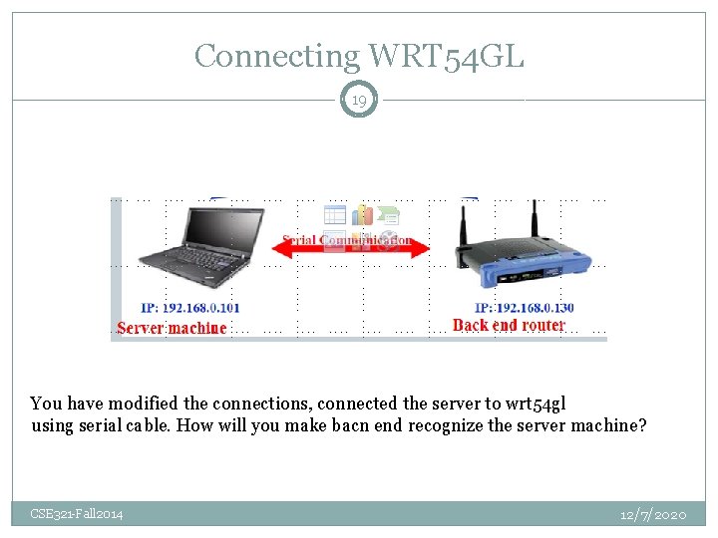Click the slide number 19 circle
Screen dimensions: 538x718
[x=358, y=100]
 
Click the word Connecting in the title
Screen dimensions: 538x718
[x=276, y=56]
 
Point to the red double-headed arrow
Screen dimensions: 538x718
[x=348, y=251]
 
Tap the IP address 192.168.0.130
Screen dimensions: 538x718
[x=524, y=308]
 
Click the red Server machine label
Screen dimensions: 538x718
[x=172, y=328]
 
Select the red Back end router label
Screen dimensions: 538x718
[x=509, y=326]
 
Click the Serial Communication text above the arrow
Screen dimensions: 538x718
[x=347, y=240]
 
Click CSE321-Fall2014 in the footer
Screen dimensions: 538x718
[x=77, y=514]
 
